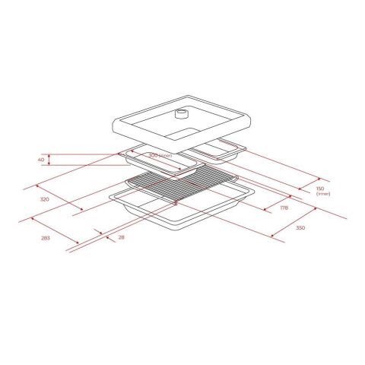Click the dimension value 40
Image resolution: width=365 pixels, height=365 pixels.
42,160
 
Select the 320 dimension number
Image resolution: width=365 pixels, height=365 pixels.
44,198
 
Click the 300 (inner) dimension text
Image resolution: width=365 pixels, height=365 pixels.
160,155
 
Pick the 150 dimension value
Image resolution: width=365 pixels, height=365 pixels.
320,189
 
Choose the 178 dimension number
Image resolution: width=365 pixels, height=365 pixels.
284,207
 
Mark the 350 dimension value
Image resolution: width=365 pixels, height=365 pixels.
300,227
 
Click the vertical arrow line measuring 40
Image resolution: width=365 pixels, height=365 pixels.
50,160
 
